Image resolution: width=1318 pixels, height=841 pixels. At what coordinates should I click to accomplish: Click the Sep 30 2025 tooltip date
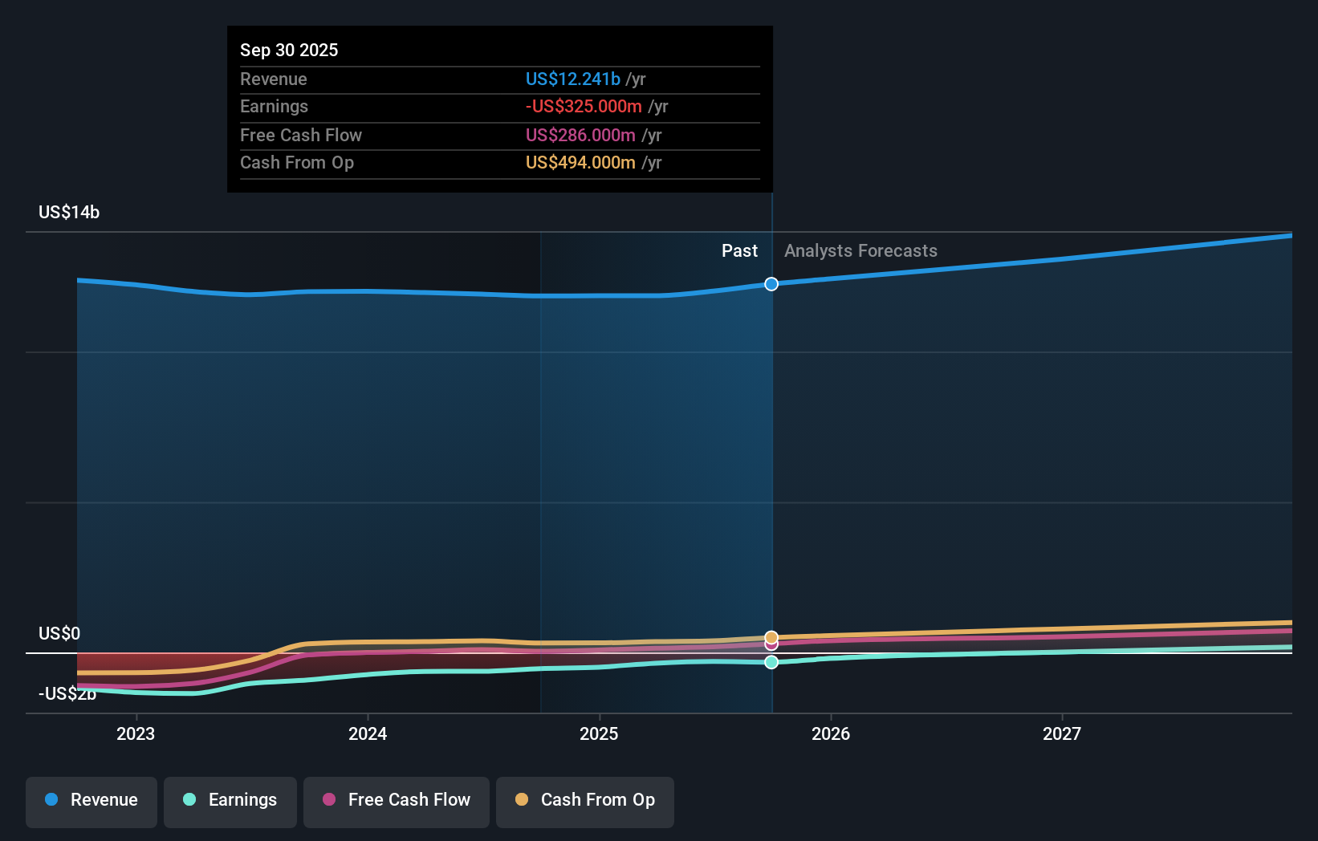(x=289, y=50)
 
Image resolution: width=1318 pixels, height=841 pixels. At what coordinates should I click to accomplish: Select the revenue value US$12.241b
(x=572, y=79)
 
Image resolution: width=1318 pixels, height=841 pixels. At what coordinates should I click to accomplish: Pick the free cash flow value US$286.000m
(x=580, y=135)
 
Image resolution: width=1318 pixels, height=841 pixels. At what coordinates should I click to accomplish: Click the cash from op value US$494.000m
(x=580, y=162)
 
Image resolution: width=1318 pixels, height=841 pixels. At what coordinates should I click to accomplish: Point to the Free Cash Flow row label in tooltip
(x=301, y=135)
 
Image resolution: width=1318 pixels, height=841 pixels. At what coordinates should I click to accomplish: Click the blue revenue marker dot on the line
(x=771, y=284)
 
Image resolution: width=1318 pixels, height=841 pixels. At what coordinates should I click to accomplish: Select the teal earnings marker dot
(x=771, y=662)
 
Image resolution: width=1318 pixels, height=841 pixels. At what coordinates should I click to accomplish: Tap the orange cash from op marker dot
(x=771, y=637)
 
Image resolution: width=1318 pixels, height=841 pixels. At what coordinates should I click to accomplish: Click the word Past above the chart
(x=739, y=250)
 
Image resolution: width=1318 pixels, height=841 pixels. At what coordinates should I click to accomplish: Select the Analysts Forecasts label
(x=860, y=250)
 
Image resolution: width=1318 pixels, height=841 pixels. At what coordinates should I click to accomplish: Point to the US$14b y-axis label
(x=69, y=212)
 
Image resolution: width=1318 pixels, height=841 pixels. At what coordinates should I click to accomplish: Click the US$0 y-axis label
(x=59, y=633)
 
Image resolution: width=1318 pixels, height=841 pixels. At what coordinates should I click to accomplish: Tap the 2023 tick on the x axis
(x=136, y=733)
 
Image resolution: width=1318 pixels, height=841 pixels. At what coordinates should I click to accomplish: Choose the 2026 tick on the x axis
(x=831, y=733)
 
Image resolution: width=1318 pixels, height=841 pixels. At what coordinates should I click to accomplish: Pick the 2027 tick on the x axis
(x=1062, y=733)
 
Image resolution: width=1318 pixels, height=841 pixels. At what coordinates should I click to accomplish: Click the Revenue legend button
(x=92, y=800)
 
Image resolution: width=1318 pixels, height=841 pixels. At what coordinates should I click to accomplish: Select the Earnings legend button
(x=230, y=800)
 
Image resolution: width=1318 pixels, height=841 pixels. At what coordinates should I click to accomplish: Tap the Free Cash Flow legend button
(x=397, y=800)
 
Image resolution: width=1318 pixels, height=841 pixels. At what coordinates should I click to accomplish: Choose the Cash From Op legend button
(x=585, y=800)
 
